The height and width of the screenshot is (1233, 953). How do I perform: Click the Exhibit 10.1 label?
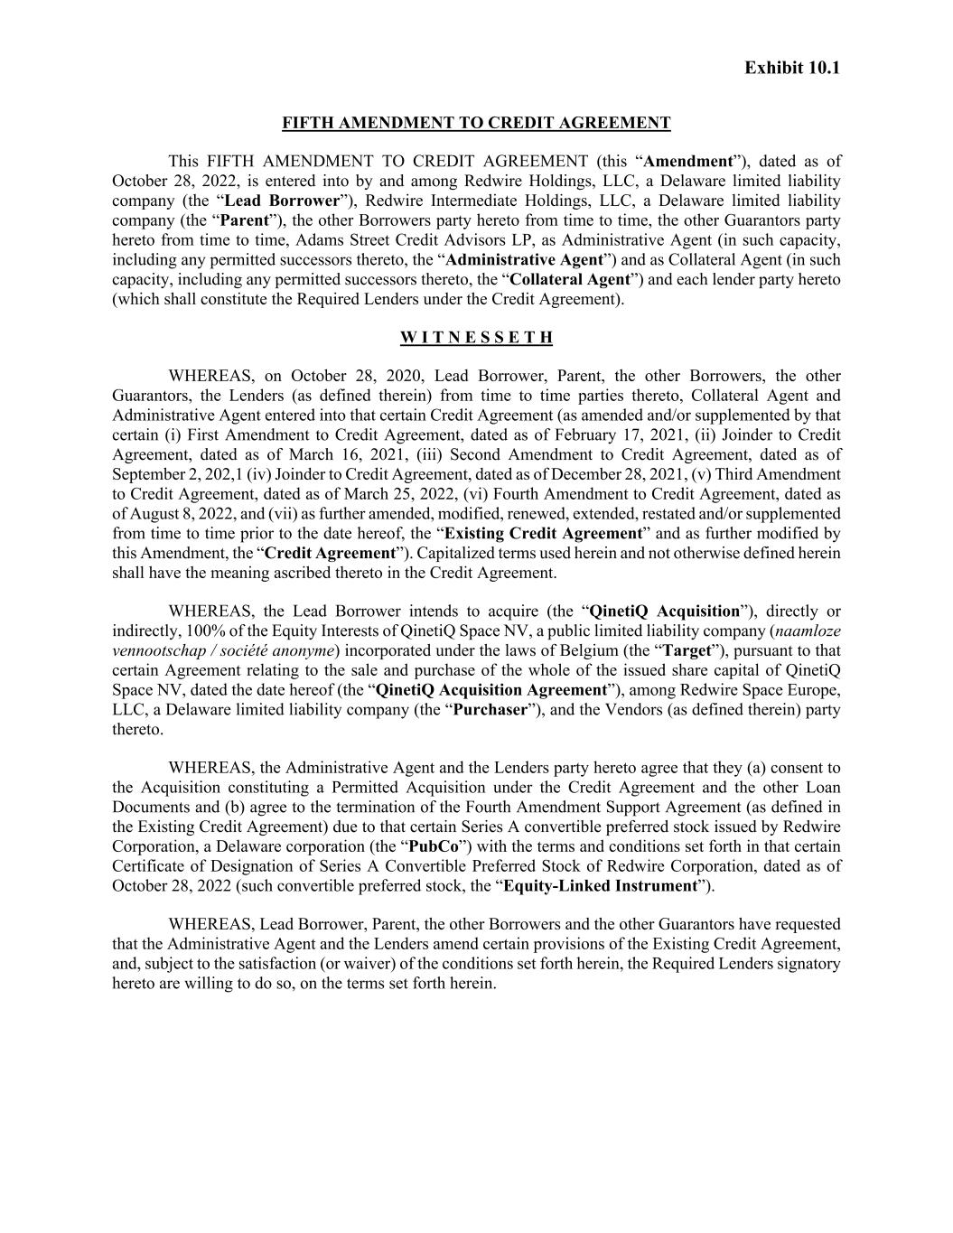point(791,68)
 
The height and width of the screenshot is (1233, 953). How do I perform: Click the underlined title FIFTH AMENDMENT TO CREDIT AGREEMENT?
point(476,123)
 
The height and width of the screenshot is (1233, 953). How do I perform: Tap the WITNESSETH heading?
point(476,338)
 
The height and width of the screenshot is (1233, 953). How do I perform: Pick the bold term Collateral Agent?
point(570,279)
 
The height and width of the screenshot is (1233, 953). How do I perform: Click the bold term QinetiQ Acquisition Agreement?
point(491,690)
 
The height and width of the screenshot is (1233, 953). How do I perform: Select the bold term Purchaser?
point(490,710)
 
